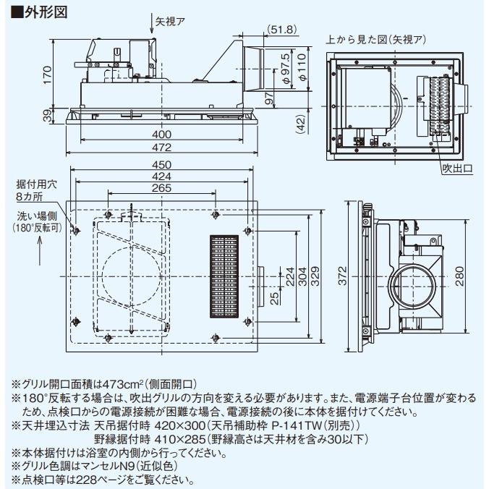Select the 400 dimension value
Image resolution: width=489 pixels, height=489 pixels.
pyautogui.click(x=161, y=135)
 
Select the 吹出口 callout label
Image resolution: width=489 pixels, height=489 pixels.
pyautogui.click(x=457, y=169)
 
